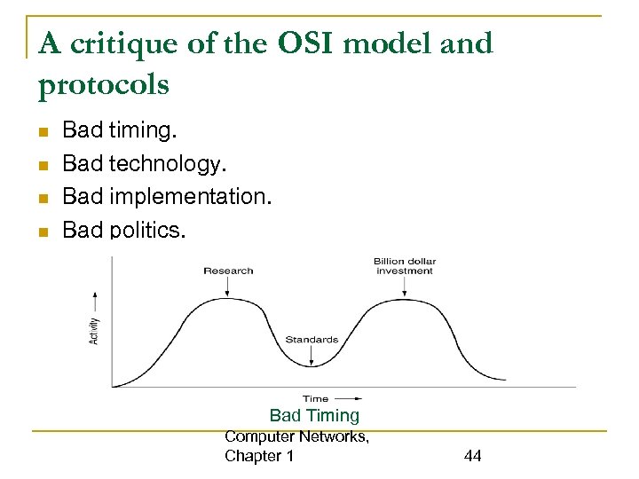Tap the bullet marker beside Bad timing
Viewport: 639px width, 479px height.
tap(41, 133)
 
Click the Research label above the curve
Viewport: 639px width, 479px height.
tap(228, 271)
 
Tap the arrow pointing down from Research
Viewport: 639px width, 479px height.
tap(228, 287)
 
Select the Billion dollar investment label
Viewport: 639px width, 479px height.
tap(405, 266)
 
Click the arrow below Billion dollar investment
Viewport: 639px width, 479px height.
tap(405, 286)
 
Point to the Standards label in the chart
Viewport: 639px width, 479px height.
tap(312, 340)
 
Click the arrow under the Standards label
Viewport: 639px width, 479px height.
tap(312, 355)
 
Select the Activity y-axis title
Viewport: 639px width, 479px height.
tap(95, 331)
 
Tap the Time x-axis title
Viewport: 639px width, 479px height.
tap(315, 398)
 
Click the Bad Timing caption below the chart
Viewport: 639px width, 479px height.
tap(314, 415)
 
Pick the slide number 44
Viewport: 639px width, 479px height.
tap(472, 456)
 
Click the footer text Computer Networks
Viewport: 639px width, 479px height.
tap(296, 436)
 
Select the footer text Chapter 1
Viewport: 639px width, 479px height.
tap(259, 456)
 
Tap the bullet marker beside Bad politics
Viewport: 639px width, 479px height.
tap(41, 232)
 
